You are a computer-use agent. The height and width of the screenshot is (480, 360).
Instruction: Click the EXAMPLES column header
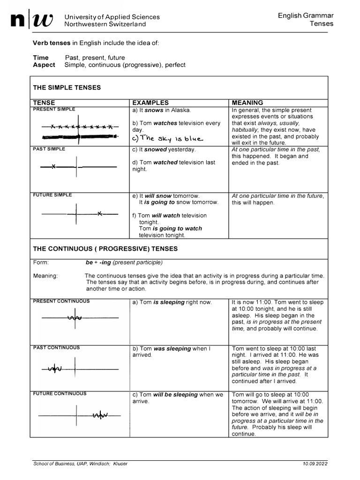tap(150, 103)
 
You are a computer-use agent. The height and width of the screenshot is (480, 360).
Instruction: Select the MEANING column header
tap(247, 103)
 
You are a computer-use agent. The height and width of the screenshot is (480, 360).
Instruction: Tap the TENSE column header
tap(44, 103)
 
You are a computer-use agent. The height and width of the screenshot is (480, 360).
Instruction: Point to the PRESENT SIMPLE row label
tap(54, 109)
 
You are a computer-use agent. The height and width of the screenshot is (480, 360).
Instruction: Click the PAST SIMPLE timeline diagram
tap(78, 166)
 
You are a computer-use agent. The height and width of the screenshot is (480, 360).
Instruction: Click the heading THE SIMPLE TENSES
tap(67, 88)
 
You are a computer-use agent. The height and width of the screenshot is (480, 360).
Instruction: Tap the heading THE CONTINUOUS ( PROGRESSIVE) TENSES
tap(105, 248)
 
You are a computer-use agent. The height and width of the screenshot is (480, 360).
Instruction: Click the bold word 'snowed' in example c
tap(156, 150)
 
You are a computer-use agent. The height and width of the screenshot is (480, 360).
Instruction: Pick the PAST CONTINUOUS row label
tap(56, 348)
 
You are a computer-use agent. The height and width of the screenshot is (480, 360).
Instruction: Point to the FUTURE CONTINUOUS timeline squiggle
tap(100, 415)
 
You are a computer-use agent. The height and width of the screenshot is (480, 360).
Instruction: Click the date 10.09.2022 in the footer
tap(315, 464)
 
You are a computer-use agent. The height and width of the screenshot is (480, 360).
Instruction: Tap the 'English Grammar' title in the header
tap(306, 16)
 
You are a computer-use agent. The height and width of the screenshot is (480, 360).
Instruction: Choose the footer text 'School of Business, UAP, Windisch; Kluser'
tap(80, 464)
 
